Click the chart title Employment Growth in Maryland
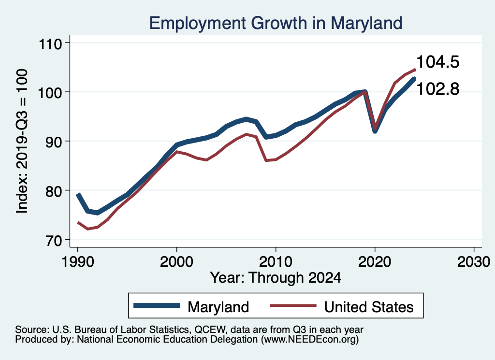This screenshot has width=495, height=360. point(276,22)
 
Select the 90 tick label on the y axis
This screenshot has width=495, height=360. point(55,142)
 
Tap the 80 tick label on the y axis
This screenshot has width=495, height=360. point(55,190)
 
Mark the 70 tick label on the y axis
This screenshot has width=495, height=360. point(55,240)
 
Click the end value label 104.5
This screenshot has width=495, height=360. point(437,62)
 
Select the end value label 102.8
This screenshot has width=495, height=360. point(437,89)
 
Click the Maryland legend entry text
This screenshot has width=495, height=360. point(218,306)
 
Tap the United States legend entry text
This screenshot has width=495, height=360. point(368,306)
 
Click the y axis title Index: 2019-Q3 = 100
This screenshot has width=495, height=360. point(22,141)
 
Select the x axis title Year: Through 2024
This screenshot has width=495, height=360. point(276,278)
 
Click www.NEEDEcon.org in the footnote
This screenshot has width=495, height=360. point(309,340)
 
